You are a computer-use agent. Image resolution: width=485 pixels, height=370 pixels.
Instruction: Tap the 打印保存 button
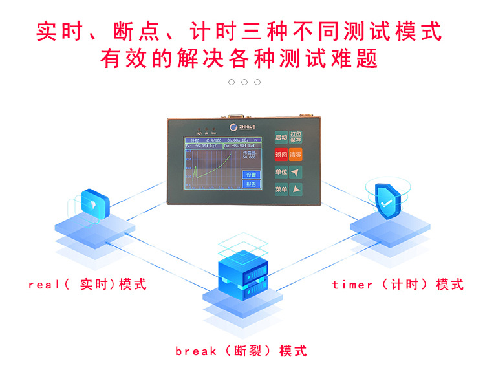tap(296, 136)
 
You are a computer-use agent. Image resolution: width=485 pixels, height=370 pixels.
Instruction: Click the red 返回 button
tap(281, 155)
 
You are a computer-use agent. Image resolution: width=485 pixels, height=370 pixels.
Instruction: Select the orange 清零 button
tap(296, 155)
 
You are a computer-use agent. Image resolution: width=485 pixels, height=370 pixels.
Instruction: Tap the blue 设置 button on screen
tap(251, 175)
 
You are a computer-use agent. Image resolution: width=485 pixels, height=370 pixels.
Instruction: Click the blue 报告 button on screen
tap(251, 184)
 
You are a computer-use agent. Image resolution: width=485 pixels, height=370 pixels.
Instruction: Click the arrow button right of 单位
tap(296, 172)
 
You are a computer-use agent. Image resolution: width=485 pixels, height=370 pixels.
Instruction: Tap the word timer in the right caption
tap(352, 285)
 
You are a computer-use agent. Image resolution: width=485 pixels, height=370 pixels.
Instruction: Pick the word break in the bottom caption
tap(195, 351)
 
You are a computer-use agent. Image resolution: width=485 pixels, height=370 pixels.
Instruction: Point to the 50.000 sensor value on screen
tap(249, 157)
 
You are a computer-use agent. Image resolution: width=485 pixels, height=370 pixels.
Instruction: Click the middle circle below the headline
tap(244, 82)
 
